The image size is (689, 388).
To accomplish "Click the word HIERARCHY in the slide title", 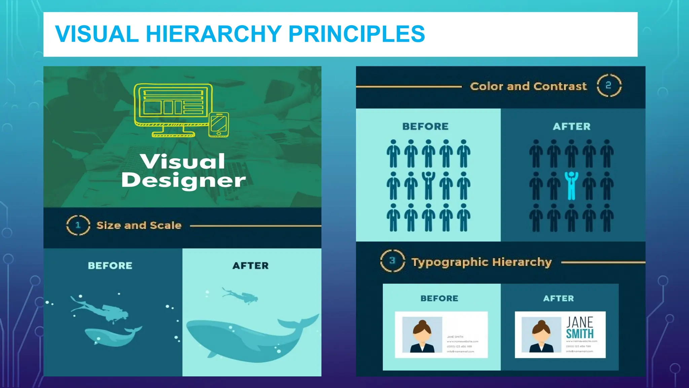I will pyautogui.click(x=214, y=34).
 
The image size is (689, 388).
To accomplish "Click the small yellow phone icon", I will pyautogui.click(x=219, y=125).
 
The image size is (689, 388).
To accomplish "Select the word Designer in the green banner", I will pyautogui.click(x=183, y=181).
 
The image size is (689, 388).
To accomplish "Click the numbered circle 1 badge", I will pyautogui.click(x=78, y=225).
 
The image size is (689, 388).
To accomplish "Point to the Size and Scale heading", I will pyautogui.click(x=139, y=225).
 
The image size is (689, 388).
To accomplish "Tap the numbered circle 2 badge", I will pyautogui.click(x=609, y=86).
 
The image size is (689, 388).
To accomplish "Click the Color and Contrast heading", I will pyautogui.click(x=528, y=86).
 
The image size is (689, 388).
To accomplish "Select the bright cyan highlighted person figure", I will pyautogui.click(x=571, y=186).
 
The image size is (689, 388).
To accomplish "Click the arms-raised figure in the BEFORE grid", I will pyautogui.click(x=428, y=186).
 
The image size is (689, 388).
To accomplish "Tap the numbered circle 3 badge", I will pyautogui.click(x=392, y=261).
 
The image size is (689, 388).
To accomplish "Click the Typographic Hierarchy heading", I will pyautogui.click(x=481, y=262).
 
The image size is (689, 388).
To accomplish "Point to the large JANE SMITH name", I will pyautogui.click(x=580, y=328).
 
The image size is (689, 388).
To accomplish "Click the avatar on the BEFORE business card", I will pyautogui.click(x=422, y=335).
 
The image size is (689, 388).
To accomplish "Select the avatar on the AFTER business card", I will pyautogui.click(x=541, y=335).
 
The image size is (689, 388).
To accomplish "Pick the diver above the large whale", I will pyautogui.click(x=241, y=295).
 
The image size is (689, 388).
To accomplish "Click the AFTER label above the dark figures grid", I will pyautogui.click(x=572, y=127).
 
